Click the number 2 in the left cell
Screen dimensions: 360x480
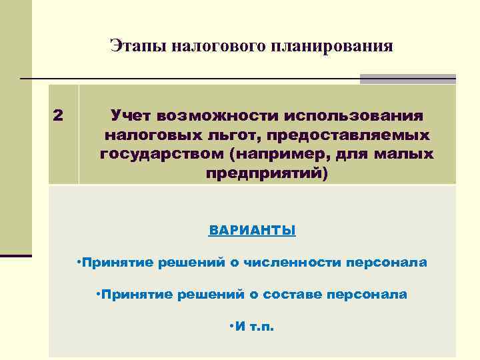coord(58,115)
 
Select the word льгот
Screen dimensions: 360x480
coord(226,135)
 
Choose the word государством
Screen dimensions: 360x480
coord(159,155)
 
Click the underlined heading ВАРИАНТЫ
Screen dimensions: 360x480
coord(252,231)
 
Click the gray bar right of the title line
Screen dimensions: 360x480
coord(407,79)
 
